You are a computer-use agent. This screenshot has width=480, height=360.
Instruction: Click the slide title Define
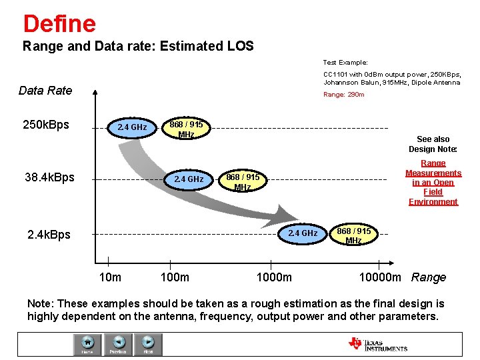coord(59,23)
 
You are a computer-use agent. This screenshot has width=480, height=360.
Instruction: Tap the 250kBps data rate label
coord(46,125)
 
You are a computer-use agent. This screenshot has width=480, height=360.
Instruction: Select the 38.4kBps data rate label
coord(49,177)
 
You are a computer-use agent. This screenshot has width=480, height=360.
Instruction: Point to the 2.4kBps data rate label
coord(49,234)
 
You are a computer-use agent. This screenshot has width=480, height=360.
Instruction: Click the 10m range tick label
coord(109,277)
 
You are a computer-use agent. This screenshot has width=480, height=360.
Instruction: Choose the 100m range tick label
coord(175,277)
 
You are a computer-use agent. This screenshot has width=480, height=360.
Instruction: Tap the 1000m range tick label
coord(274,277)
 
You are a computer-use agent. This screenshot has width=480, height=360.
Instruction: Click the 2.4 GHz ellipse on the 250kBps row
coord(131,127)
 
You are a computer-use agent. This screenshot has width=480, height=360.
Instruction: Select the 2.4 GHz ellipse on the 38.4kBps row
coord(188,179)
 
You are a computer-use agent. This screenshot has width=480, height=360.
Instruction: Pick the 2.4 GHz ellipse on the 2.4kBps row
coord(302,233)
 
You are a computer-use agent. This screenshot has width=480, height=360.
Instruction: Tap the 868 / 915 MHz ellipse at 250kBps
coord(186,129)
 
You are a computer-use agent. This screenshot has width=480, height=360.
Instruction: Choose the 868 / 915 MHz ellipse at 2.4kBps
coord(353,235)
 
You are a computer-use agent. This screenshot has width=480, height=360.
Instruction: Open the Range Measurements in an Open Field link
coord(433,182)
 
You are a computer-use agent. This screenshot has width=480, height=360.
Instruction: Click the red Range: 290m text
coord(343,95)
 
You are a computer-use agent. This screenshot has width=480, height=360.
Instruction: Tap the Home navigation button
coord(87,343)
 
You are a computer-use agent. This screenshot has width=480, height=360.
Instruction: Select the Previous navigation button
coord(118,343)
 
